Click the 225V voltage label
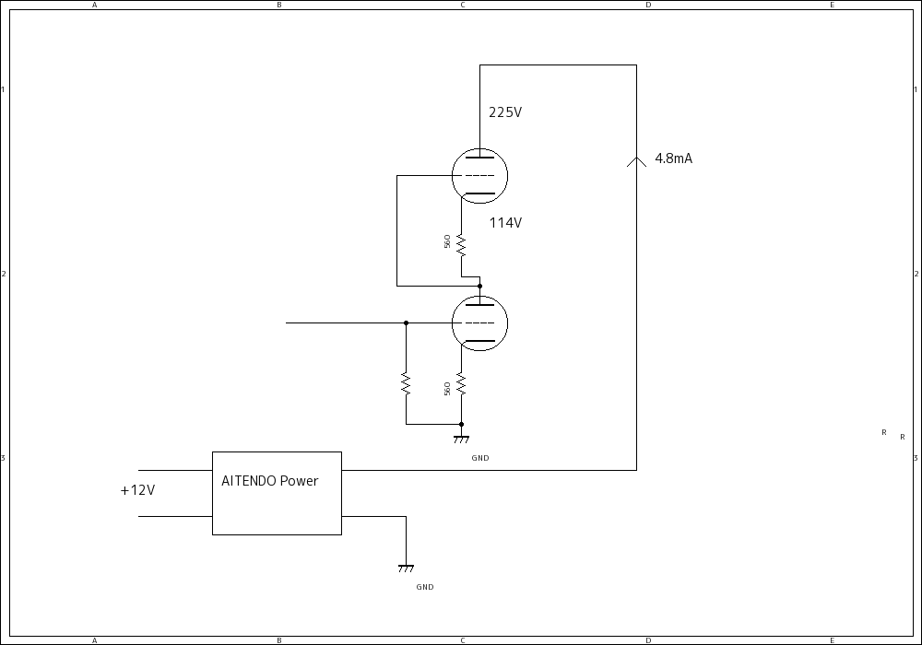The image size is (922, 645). (505, 112)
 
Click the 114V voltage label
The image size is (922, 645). (505, 223)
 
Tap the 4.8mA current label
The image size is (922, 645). (673, 158)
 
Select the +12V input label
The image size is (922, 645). (137, 490)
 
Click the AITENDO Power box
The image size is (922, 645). (277, 493)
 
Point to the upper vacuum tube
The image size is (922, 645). (480, 176)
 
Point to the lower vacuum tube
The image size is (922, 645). (480, 323)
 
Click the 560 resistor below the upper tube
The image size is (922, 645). (461, 244)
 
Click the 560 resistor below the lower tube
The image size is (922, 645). (461, 384)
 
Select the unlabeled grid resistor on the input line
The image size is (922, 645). (406, 383)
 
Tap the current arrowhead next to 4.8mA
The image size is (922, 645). (636, 161)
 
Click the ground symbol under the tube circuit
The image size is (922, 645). (461, 440)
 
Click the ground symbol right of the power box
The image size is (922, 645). (406, 568)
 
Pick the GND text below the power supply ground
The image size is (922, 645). (425, 587)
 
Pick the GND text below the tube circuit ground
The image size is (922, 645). (480, 458)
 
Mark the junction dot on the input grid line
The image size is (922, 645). (406, 323)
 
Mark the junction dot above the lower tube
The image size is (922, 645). (479, 287)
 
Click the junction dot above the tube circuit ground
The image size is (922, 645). (461, 425)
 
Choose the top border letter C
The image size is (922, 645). (463, 5)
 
